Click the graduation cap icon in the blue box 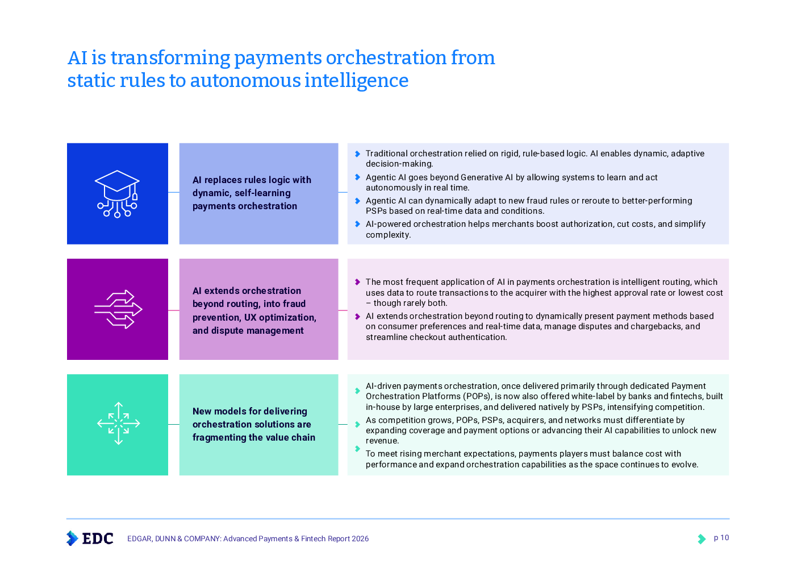[117, 194]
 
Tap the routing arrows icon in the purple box [118, 309]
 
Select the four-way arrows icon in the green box [118, 424]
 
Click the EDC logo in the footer [90, 538]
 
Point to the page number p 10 [721, 538]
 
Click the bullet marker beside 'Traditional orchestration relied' [357, 154]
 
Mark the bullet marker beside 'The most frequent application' [357, 282]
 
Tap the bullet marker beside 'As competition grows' [357, 424]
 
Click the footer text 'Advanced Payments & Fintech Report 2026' [296, 538]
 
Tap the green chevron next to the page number [702, 538]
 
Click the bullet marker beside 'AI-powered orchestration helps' [357, 224]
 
